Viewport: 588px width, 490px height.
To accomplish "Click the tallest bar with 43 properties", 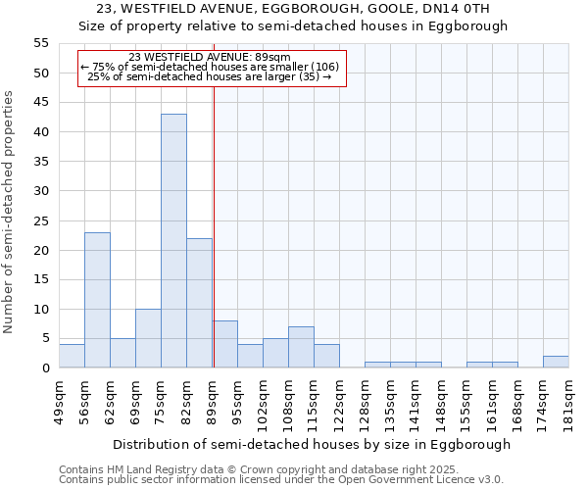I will click(x=173, y=241).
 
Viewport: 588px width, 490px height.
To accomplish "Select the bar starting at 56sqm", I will click(x=97, y=300).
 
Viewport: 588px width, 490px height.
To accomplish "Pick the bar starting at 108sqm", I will click(x=301, y=347).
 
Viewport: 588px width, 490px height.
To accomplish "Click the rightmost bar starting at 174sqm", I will click(x=556, y=362).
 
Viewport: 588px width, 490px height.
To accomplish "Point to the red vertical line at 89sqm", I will click(x=214, y=225).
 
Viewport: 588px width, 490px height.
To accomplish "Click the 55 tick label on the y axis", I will click(x=40, y=43).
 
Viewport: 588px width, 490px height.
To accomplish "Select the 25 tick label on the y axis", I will click(x=40, y=220).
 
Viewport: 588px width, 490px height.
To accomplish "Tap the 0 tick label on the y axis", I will click(x=44, y=368).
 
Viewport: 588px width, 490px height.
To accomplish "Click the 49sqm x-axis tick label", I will click(x=59, y=399).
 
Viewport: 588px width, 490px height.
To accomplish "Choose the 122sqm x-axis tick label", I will click(x=339, y=402).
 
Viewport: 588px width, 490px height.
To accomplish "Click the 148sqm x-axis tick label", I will click(x=441, y=402).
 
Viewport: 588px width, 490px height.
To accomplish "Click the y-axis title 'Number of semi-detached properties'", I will click(x=9, y=212).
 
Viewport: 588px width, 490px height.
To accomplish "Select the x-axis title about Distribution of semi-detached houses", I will click(x=312, y=444).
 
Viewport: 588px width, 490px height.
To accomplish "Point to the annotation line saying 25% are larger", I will click(x=210, y=75).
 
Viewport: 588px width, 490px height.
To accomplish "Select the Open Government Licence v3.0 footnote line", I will click(x=281, y=479).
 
